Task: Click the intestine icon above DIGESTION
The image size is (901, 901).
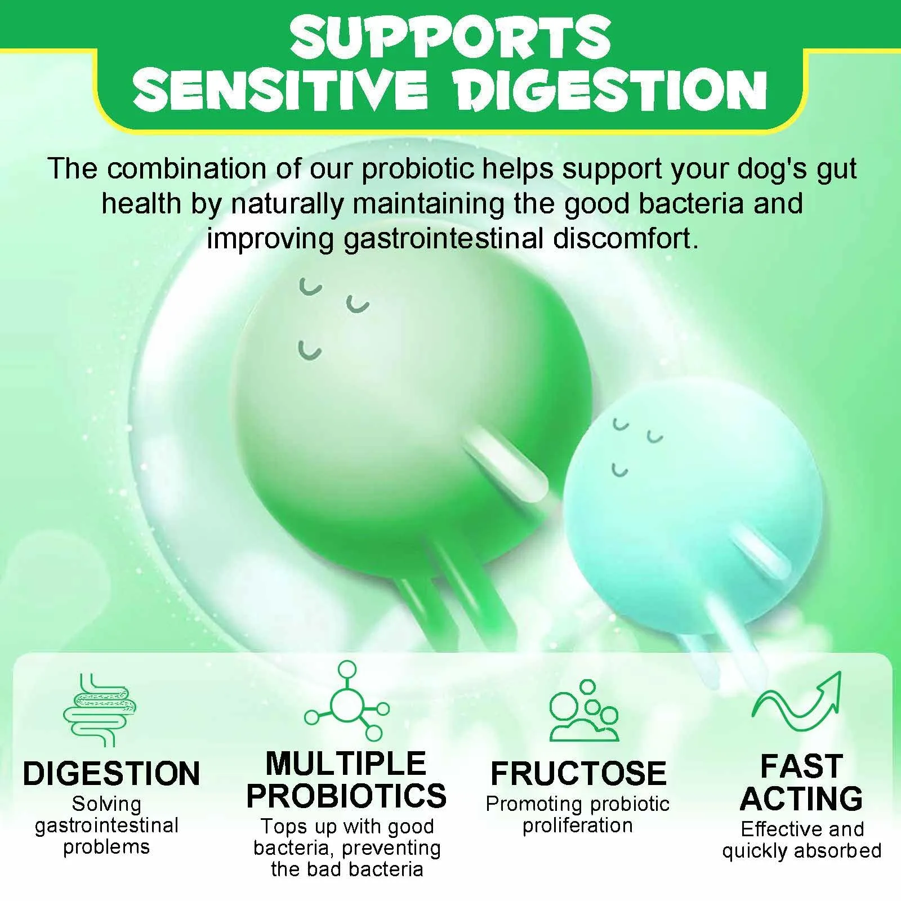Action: click(100, 710)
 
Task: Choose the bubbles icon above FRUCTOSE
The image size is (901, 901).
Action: click(584, 710)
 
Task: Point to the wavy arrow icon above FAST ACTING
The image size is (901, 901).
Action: click(797, 704)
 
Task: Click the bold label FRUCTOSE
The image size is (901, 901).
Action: click(578, 773)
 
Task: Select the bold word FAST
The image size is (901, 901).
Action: click(801, 766)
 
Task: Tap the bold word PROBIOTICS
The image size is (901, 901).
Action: click(346, 795)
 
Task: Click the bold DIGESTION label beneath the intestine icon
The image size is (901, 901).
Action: click(111, 773)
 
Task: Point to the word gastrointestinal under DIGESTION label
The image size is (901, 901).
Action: click(106, 826)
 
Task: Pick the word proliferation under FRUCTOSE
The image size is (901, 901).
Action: click(578, 826)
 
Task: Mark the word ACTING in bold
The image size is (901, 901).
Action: click(801, 799)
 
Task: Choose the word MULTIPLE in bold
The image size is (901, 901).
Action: click(346, 764)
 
